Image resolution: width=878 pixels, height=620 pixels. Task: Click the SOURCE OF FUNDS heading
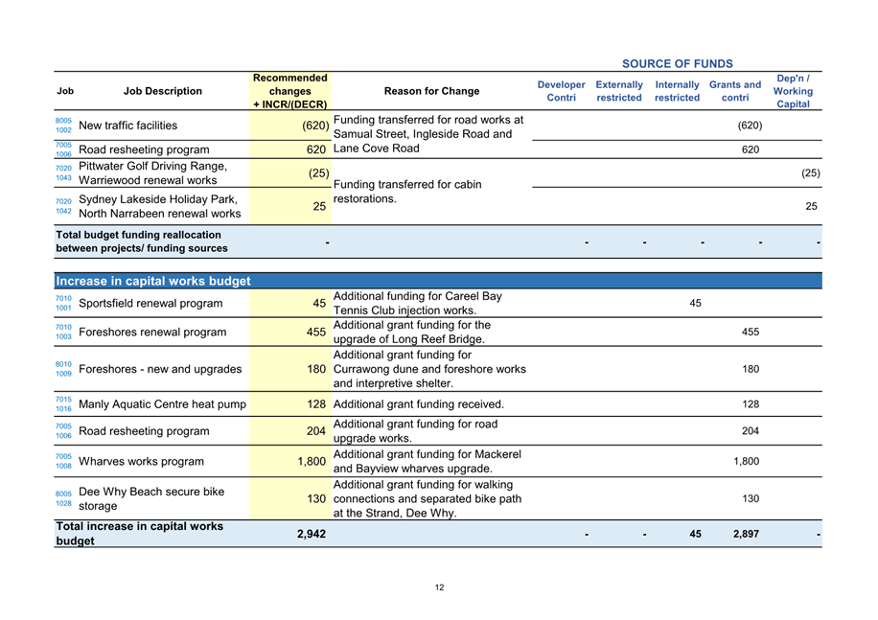point(677,64)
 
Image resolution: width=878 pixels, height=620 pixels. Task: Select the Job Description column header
point(163,92)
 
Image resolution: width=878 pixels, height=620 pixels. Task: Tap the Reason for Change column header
point(431,92)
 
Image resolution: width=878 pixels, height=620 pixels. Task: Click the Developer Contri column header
point(561,92)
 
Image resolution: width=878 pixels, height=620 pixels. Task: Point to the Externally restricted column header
point(619,92)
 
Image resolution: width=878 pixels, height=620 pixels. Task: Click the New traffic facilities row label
point(127,126)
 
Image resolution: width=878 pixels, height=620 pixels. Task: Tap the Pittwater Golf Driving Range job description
point(153,173)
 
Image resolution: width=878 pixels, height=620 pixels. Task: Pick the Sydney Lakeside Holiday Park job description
point(158,206)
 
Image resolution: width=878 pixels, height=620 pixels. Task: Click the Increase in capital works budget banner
point(153,282)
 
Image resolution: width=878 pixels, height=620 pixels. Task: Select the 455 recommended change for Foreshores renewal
point(315,333)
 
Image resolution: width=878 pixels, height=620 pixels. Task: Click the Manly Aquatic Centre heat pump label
point(162,404)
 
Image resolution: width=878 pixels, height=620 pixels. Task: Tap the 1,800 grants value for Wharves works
point(746,462)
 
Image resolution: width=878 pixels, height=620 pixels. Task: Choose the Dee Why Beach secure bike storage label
point(151,498)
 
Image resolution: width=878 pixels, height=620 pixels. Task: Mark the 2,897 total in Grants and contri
point(746,534)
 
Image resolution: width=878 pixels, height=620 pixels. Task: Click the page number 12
point(439,587)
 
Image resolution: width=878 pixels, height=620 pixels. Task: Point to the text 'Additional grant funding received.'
point(419,404)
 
